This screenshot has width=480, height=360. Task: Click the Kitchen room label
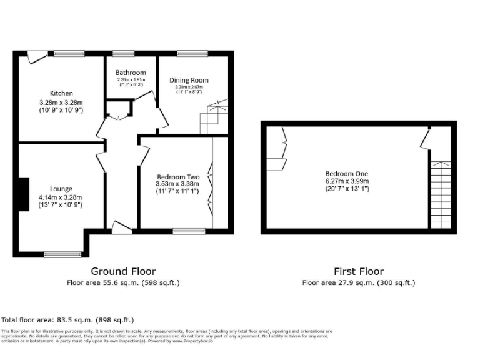pyautogui.click(x=61, y=93)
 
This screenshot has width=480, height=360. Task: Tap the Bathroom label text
pyautogui.click(x=131, y=72)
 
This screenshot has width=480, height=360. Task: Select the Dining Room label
pyautogui.click(x=189, y=80)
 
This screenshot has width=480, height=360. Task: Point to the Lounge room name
pyautogui.click(x=61, y=189)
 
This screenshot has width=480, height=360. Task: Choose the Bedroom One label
pyautogui.click(x=346, y=173)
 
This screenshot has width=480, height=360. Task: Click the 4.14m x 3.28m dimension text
pyautogui.click(x=61, y=197)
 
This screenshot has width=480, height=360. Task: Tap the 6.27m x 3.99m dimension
pyautogui.click(x=346, y=181)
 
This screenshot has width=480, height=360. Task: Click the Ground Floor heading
pyautogui.click(x=123, y=271)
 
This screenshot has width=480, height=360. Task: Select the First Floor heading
pyautogui.click(x=359, y=271)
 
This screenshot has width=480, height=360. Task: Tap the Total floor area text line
pyautogui.click(x=67, y=320)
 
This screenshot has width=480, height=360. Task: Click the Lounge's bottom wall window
pyautogui.click(x=62, y=254)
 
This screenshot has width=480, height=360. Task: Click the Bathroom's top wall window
pyautogui.click(x=123, y=53)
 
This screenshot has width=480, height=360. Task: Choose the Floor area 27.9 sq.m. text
pyautogui.click(x=358, y=283)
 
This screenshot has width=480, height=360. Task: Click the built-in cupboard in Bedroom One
pyautogui.click(x=276, y=149)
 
